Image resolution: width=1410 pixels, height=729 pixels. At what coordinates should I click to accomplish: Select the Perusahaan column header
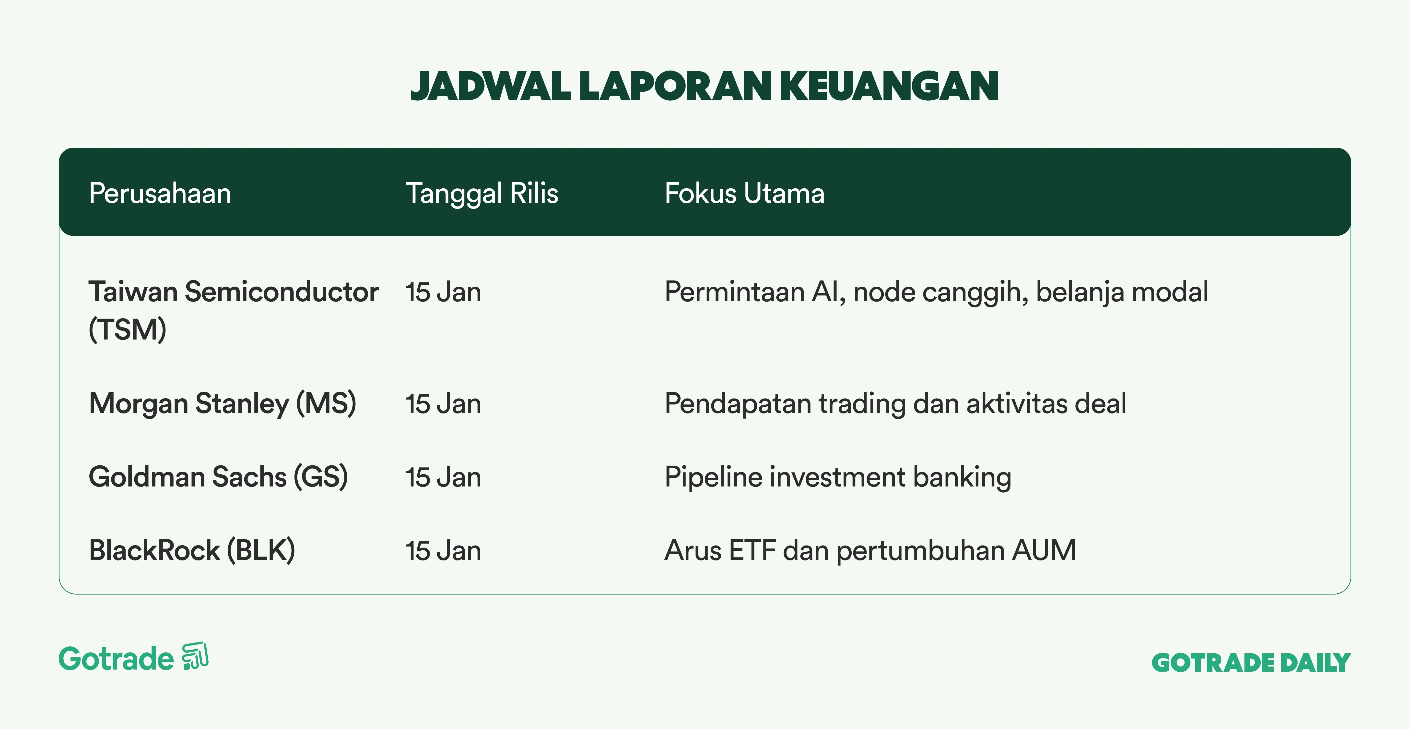[160, 193]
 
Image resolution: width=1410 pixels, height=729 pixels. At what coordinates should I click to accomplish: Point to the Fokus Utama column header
[744, 193]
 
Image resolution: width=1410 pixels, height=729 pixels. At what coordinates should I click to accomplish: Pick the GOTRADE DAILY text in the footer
[1251, 663]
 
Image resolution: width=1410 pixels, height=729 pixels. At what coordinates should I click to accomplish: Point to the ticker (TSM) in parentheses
[128, 330]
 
